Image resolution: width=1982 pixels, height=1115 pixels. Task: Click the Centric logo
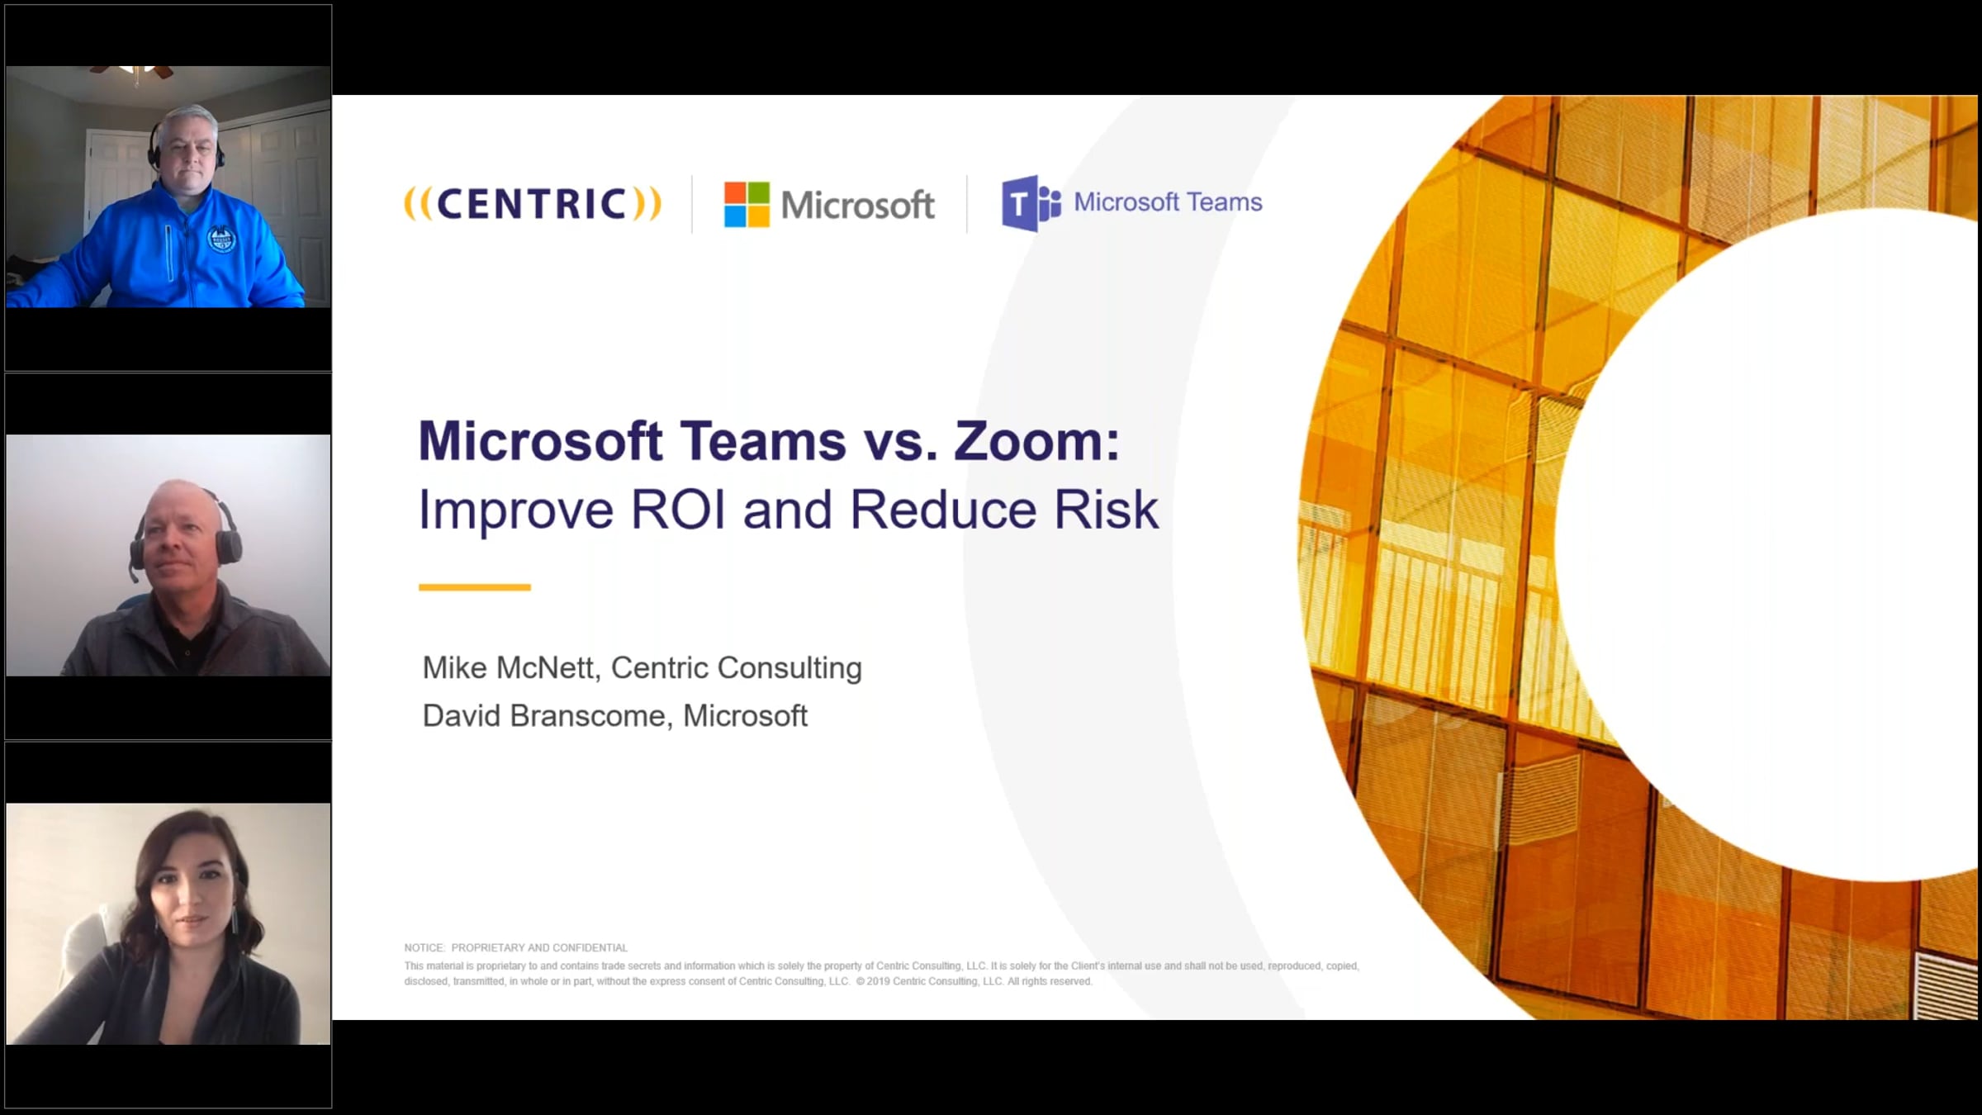(x=533, y=204)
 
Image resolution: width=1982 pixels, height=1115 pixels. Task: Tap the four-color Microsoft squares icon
(x=747, y=204)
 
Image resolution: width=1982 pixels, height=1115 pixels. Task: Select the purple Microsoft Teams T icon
(x=1031, y=203)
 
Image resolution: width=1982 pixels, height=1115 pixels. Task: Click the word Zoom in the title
(x=1036, y=441)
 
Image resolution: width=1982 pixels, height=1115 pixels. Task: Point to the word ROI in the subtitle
(x=678, y=510)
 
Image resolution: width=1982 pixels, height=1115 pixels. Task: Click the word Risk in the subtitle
(x=1107, y=510)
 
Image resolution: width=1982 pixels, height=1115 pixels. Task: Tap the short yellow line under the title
(x=475, y=587)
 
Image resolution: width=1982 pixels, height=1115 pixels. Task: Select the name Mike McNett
(x=510, y=667)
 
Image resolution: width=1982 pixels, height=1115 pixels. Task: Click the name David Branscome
(x=544, y=715)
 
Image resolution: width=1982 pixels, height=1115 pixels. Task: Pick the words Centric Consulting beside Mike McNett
(x=736, y=667)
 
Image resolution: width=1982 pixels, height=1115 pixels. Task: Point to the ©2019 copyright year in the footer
(x=873, y=981)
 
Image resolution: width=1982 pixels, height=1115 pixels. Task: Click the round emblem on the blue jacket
(x=221, y=240)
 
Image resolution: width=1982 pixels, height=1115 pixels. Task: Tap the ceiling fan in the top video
(x=132, y=72)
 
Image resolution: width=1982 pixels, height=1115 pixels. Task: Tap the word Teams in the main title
(x=764, y=441)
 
